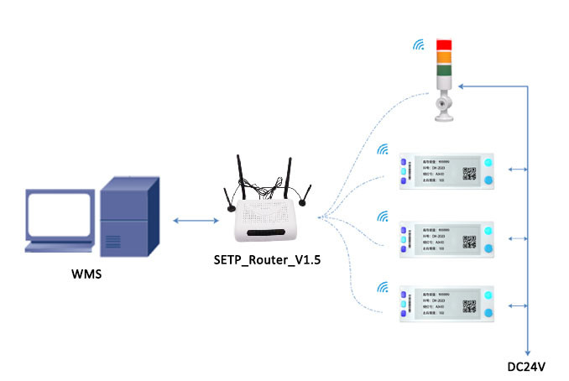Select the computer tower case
point(128,212)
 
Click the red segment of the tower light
point(444,45)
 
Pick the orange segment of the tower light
point(444,57)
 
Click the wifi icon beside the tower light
point(418,44)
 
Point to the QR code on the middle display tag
point(470,243)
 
